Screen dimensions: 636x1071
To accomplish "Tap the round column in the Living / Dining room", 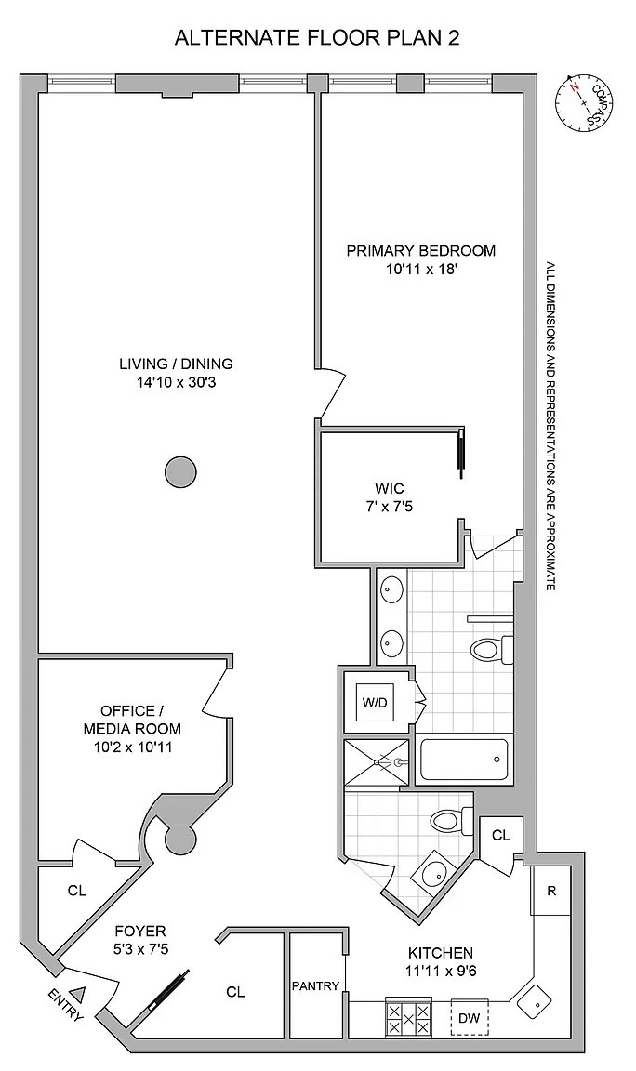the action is (181, 472).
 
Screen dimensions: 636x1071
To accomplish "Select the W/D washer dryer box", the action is (375, 702).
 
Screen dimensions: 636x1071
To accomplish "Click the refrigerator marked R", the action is (552, 890).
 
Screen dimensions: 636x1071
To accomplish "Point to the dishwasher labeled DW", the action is (470, 1018).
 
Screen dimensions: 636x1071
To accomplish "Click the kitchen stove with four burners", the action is (409, 1018).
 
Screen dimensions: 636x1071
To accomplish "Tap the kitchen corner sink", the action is (536, 1002).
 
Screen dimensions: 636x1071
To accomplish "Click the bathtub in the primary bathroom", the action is (465, 760).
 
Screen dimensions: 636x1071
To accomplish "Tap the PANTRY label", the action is (315, 985).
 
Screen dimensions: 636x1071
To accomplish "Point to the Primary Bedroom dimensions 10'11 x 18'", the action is (421, 269).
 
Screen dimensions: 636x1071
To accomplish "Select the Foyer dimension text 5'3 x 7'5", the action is (140, 948).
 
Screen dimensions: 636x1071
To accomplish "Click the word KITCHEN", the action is (441, 953).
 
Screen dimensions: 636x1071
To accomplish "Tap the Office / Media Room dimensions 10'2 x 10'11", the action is (133, 747).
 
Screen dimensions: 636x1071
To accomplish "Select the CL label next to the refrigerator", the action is (501, 836).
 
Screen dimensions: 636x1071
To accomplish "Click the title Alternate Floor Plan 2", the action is (317, 37).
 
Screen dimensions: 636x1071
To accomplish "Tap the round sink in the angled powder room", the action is (431, 871).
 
